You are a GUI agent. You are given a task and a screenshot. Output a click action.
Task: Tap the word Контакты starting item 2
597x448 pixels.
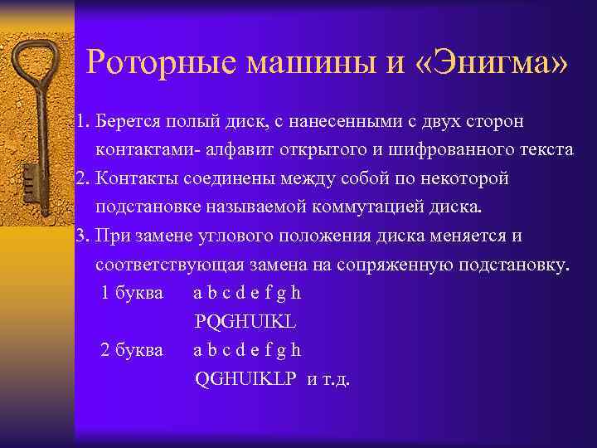pos(133,178)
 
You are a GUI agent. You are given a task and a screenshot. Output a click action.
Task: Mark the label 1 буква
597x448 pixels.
pos(132,293)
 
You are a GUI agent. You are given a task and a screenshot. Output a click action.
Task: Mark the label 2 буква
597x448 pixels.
pos(132,349)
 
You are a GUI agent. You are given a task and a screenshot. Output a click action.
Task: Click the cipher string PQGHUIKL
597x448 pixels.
pos(245,321)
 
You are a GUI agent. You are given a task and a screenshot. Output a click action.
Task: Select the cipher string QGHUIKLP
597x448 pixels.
pos(245,378)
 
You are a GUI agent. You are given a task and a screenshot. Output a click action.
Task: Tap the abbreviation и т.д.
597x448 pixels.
pos(328,378)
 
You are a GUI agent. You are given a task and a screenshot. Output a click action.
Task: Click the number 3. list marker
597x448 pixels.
pos(81,236)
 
